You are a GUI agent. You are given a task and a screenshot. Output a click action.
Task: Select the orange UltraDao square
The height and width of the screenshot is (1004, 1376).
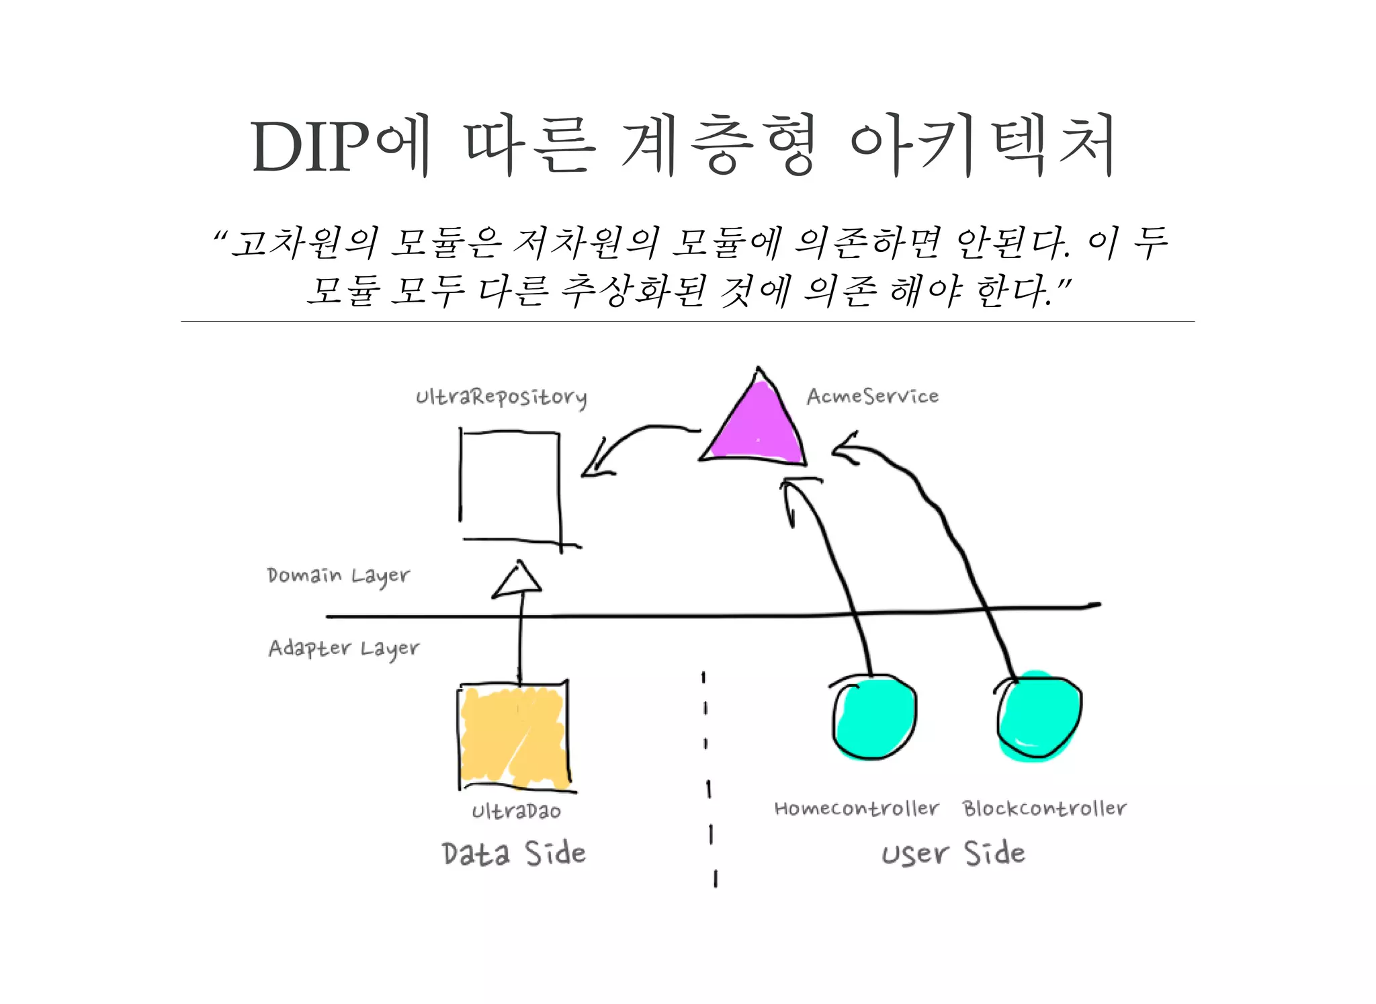click(x=514, y=736)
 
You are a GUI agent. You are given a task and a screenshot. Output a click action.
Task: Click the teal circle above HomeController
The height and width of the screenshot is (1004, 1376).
click(x=873, y=718)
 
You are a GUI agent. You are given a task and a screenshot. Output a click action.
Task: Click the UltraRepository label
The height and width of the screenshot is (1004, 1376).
click(x=501, y=397)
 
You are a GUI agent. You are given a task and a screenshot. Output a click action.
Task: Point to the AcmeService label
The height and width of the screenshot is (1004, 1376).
click(x=872, y=396)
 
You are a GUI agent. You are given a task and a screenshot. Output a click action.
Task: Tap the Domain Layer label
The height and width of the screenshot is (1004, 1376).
click(x=338, y=576)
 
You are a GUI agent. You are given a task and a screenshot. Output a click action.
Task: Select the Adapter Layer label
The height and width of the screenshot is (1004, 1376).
click(x=343, y=649)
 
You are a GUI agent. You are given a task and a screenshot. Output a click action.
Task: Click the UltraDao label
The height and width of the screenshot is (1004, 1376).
click(x=516, y=812)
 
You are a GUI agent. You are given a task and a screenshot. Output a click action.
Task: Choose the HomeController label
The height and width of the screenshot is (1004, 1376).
click(x=857, y=808)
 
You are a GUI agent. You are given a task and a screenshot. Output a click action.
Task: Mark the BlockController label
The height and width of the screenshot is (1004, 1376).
click(x=1044, y=808)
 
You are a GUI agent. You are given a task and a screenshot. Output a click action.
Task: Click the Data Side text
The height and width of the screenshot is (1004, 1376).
click(x=514, y=853)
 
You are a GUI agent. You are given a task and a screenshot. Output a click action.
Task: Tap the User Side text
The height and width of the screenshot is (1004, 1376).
click(x=953, y=853)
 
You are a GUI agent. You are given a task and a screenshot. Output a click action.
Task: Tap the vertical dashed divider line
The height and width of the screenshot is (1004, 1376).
click(x=708, y=780)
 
